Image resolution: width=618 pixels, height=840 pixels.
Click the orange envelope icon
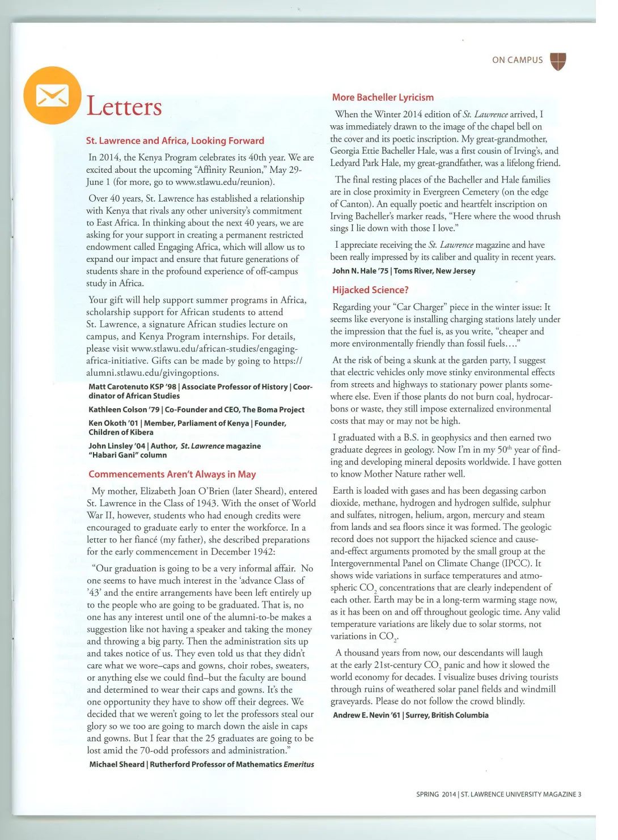(52, 95)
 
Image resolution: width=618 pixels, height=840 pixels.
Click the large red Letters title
(124, 107)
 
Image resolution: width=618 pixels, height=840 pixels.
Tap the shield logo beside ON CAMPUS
(558, 61)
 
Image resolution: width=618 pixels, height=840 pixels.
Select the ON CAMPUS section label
(517, 60)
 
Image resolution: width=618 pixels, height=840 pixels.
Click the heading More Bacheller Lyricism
(383, 97)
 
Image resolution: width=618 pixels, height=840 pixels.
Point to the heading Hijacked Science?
(370, 290)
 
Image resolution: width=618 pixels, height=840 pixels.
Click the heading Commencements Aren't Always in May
(172, 474)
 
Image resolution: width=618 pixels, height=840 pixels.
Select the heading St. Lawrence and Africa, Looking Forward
(175, 141)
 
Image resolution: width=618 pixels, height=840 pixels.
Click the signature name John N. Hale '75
(360, 271)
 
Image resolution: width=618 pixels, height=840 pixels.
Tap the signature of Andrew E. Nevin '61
(366, 715)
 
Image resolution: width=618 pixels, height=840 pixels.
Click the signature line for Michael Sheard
(117, 764)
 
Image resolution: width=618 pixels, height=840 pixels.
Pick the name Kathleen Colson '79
(124, 409)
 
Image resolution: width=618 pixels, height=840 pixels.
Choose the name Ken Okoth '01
(113, 423)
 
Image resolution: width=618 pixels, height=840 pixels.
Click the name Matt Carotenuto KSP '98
(132, 387)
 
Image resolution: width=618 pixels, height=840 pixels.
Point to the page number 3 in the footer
(579, 794)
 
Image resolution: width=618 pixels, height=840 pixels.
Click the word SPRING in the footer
(427, 794)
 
